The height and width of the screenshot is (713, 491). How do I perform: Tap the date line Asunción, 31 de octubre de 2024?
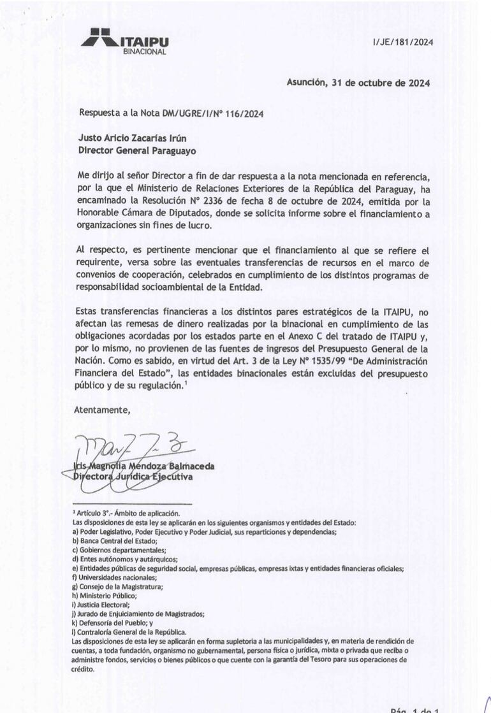pos(357,82)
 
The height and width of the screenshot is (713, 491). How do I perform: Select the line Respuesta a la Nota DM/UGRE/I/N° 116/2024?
pos(171,113)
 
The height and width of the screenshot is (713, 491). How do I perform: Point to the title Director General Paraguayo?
pos(137,150)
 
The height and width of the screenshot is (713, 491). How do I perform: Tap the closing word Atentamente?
pos(102,410)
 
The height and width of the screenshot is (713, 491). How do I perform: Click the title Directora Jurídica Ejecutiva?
pos(133,477)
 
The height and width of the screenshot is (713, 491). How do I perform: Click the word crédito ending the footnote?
pos(83,669)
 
